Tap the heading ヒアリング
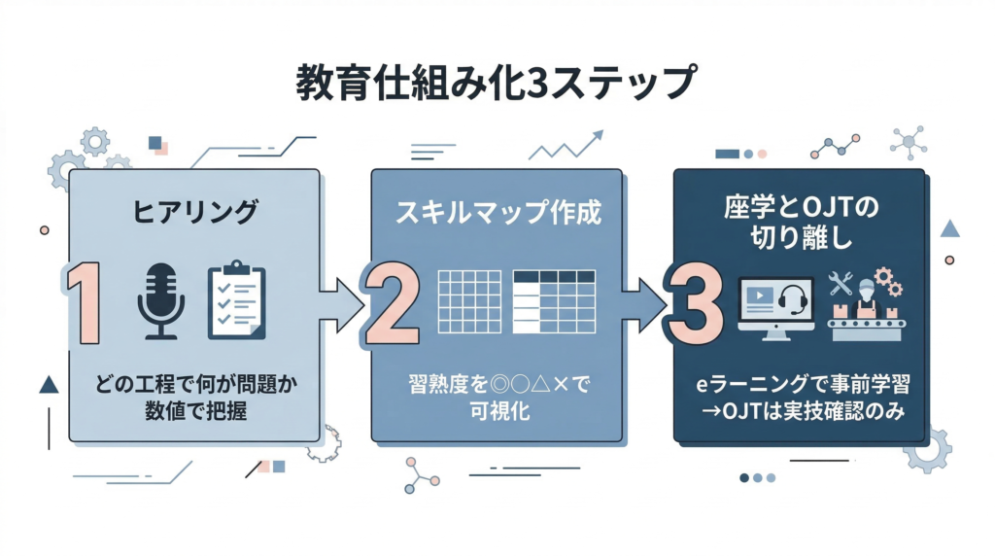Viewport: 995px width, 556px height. click(195, 211)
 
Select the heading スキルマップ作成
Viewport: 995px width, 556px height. click(497, 213)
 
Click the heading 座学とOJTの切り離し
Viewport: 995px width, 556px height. click(801, 223)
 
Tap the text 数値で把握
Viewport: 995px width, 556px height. click(195, 411)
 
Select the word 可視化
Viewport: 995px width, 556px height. click(497, 412)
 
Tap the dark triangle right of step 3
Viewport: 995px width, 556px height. click(950, 228)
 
